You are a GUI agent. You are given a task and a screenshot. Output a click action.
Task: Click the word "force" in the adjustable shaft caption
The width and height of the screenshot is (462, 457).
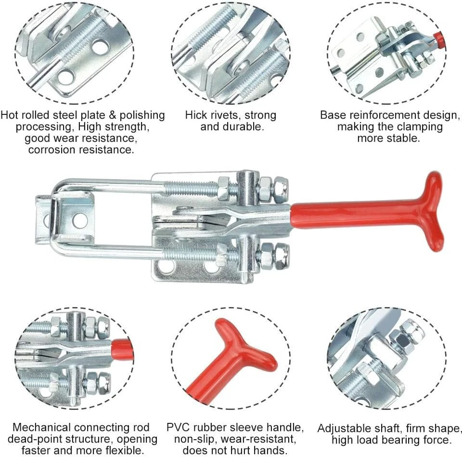tap(438, 440)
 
